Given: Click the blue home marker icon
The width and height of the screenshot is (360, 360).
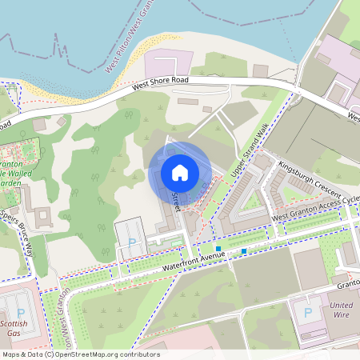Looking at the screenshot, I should tap(180, 173).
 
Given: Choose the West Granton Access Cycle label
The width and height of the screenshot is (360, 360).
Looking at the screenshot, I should tap(316, 210).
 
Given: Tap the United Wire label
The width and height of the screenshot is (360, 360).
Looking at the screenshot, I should tap(341, 310).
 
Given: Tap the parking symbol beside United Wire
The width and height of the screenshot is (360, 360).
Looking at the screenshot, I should tap(309, 311).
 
